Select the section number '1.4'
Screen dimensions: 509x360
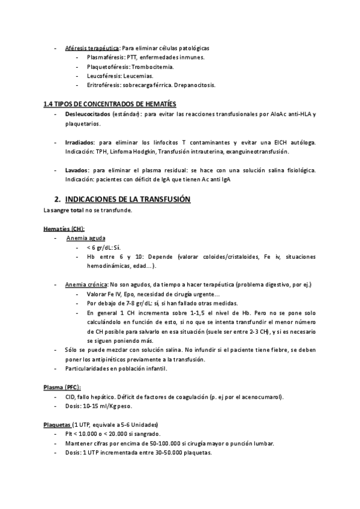pos(48,104)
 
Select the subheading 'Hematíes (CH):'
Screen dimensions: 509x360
pos(64,229)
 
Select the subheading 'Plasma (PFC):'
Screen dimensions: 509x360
pos(62,387)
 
